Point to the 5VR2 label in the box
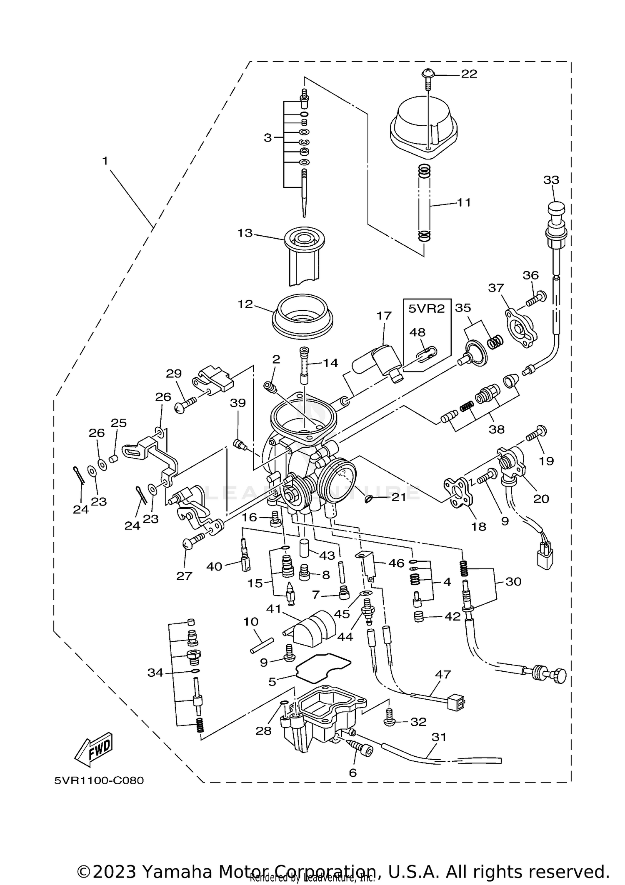pyautogui.click(x=426, y=309)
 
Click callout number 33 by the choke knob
pyautogui.click(x=551, y=180)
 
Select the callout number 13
pyautogui.click(x=245, y=233)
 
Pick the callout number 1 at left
pyautogui.click(x=105, y=161)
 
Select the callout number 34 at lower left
pyautogui.click(x=155, y=673)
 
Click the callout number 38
pyautogui.click(x=496, y=429)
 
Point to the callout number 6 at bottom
pyautogui.click(x=352, y=773)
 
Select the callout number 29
pyautogui.click(x=174, y=374)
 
